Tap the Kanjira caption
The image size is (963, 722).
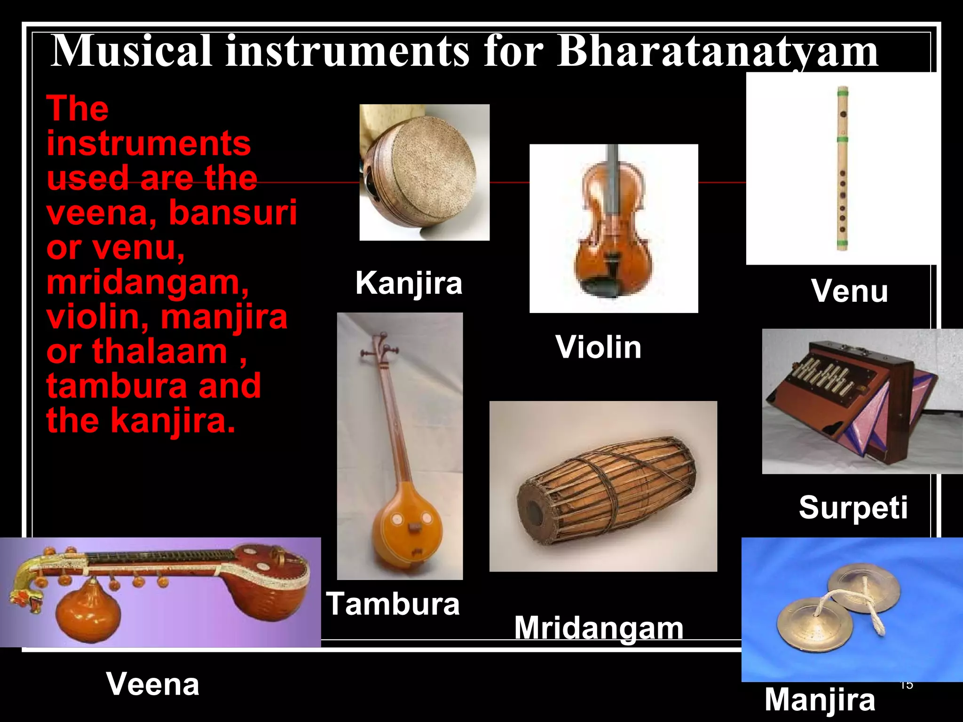click(x=409, y=283)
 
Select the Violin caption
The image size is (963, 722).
click(x=598, y=347)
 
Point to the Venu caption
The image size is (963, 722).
click(x=849, y=291)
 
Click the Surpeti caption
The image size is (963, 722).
click(x=853, y=508)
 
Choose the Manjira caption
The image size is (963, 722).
click(x=820, y=700)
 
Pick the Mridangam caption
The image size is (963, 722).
click(x=598, y=628)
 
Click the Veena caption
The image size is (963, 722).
click(x=153, y=684)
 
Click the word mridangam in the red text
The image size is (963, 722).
click(x=147, y=282)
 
